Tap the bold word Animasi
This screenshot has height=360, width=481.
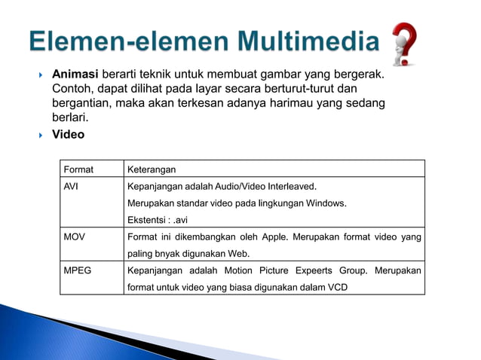point(76,75)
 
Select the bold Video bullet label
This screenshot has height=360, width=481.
point(68,135)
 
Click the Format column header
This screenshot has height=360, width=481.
point(80,169)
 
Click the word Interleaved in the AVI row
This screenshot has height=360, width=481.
point(290,186)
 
